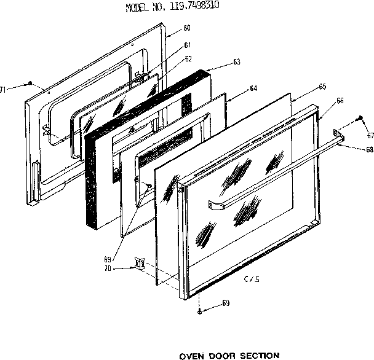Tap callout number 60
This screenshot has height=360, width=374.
(x=187, y=28)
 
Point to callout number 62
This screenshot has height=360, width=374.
(x=188, y=59)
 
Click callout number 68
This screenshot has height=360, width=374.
(x=369, y=149)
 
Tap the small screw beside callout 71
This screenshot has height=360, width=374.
(x=29, y=83)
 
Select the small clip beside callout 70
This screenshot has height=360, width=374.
(x=140, y=264)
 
